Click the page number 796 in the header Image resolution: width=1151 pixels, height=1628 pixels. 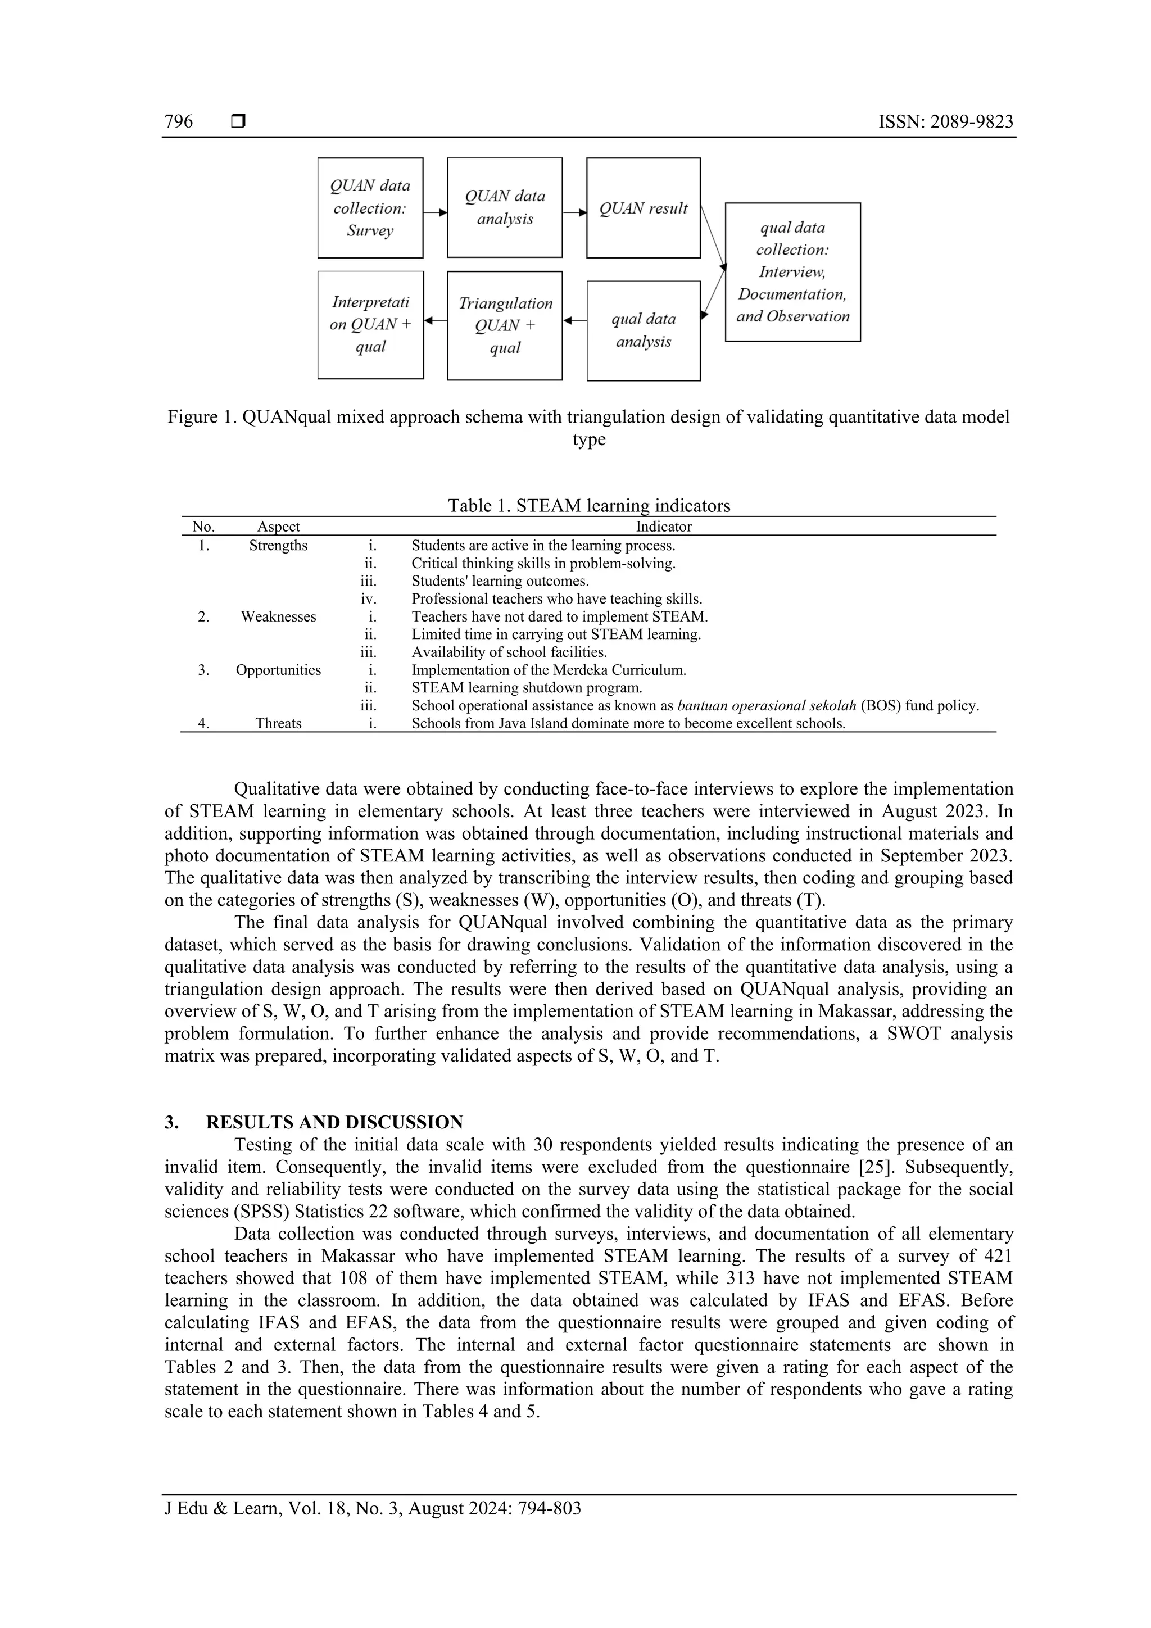pos(179,121)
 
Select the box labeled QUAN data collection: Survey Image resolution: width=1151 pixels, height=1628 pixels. pos(370,208)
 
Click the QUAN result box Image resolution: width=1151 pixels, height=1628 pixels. pos(644,208)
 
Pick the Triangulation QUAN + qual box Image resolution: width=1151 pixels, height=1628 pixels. pos(505,325)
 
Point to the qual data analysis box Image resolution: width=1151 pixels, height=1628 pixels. pos(644,330)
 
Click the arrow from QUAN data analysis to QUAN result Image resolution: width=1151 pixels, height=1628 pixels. pos(574,212)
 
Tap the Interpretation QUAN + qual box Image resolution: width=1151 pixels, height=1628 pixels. pos(370,325)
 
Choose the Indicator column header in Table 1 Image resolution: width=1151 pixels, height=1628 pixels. pos(663,526)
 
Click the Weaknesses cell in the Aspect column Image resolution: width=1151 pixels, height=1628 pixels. pos(278,616)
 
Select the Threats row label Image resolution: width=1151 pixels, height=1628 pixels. pos(278,723)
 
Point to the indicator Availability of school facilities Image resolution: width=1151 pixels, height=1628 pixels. pos(509,652)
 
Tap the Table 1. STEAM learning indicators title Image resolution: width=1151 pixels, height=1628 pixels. pos(588,506)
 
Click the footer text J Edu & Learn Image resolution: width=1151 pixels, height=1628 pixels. pos(223,1508)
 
